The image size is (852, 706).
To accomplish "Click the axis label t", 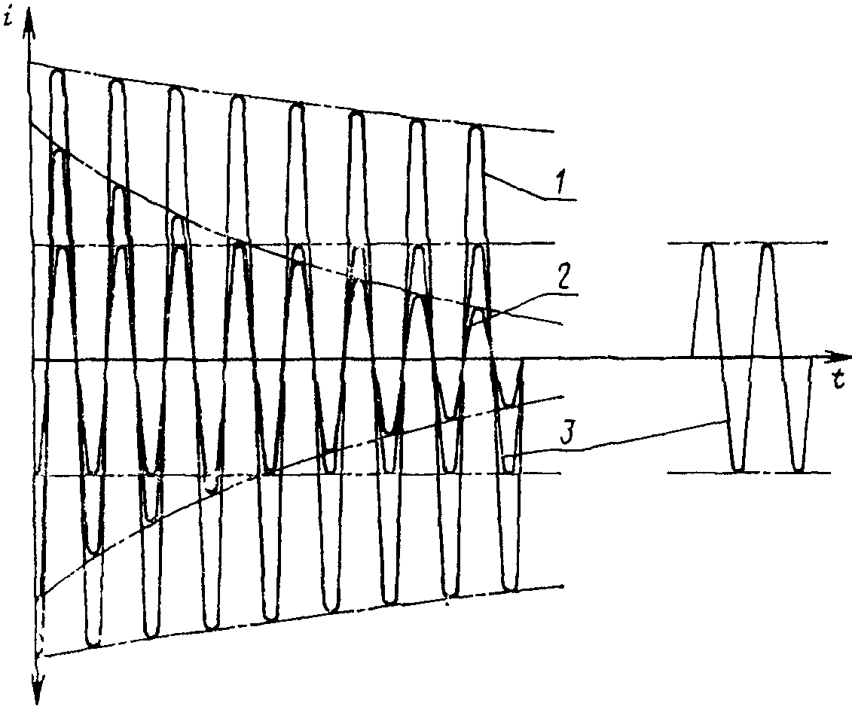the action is coord(838,379).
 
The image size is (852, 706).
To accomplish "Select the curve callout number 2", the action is coord(563,278).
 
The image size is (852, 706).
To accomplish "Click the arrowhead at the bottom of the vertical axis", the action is coord(38,687).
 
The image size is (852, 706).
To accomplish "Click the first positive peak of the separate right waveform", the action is coord(708,247).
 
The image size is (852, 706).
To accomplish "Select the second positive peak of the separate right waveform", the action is coord(767,247).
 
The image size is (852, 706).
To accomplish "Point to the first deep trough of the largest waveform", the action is coord(93,643).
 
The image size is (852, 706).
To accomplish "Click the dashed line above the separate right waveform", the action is coord(748,243).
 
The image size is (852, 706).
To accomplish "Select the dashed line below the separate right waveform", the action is coord(749,473).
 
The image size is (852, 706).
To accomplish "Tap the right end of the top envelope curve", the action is coord(553,132).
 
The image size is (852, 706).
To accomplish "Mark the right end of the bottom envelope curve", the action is coord(563,586).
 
